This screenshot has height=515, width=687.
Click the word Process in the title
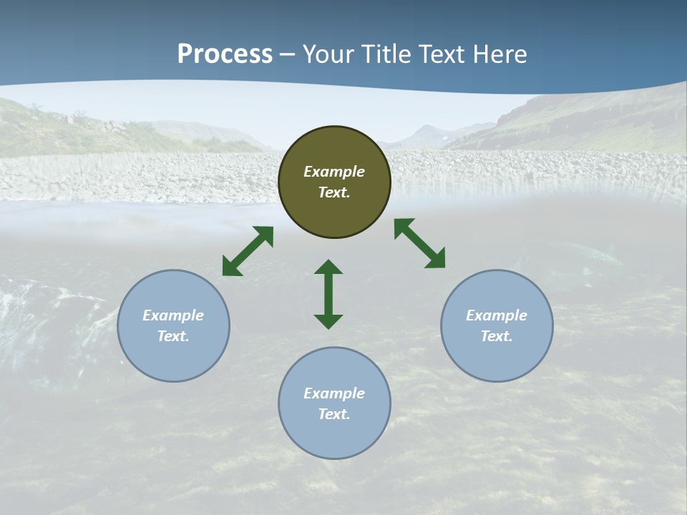(225, 54)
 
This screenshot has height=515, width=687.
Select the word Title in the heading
(389, 54)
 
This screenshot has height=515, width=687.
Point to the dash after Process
(287, 55)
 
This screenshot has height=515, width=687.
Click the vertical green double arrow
(328, 294)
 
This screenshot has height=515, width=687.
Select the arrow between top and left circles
(248, 251)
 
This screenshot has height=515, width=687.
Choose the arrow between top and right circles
(419, 243)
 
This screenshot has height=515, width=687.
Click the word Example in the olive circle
(334, 172)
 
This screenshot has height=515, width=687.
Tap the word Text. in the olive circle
(334, 192)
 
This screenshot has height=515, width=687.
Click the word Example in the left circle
(173, 315)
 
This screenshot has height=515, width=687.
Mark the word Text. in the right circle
(497, 336)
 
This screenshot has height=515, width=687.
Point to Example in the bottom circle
(334, 393)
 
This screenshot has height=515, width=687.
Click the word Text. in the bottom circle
(334, 414)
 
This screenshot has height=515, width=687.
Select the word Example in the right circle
(497, 315)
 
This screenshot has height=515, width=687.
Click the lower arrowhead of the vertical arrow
(328, 321)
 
